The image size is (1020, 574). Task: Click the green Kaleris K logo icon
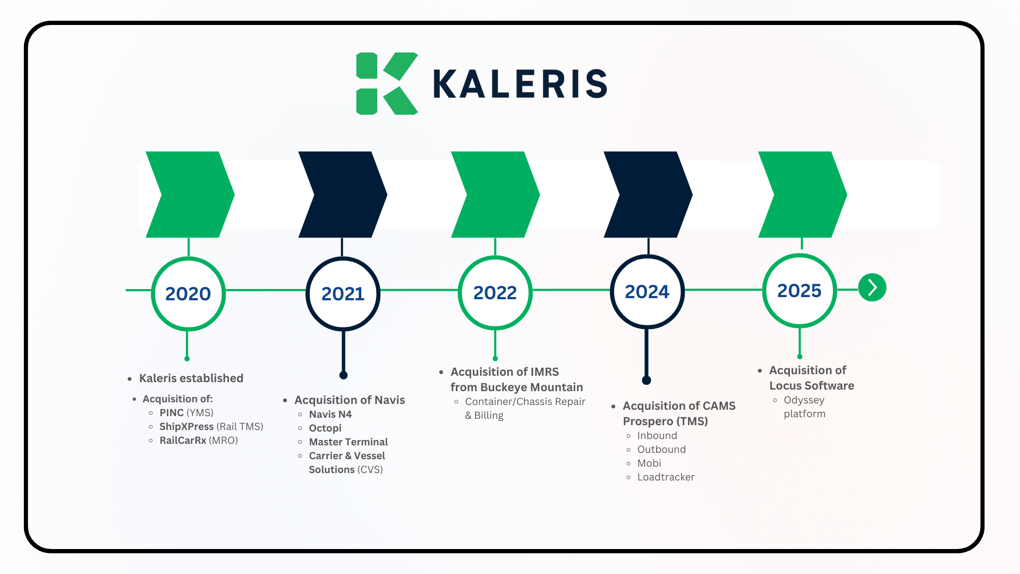(x=386, y=83)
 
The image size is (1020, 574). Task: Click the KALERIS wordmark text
(x=520, y=84)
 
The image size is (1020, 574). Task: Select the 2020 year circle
(x=188, y=293)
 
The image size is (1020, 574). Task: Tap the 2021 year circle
(x=343, y=293)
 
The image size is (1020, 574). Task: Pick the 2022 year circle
(x=495, y=292)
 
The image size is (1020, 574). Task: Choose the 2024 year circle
(x=647, y=291)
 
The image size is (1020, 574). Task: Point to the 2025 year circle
(x=799, y=290)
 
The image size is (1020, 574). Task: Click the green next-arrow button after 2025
(x=872, y=288)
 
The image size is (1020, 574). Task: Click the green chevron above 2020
(x=190, y=195)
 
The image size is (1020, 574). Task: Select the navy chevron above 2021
(x=343, y=195)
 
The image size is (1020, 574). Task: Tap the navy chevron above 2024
(x=648, y=195)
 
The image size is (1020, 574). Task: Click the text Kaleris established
(x=191, y=378)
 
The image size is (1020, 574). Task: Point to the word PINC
(x=172, y=412)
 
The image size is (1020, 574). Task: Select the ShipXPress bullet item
(x=211, y=426)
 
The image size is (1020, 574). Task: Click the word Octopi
(x=325, y=428)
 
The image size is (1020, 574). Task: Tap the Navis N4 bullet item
(x=330, y=414)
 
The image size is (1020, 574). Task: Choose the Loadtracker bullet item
(x=666, y=477)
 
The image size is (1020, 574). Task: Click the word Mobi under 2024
(x=649, y=463)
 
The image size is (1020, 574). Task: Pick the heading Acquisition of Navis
(x=350, y=400)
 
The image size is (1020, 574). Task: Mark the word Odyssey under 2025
(x=804, y=400)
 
